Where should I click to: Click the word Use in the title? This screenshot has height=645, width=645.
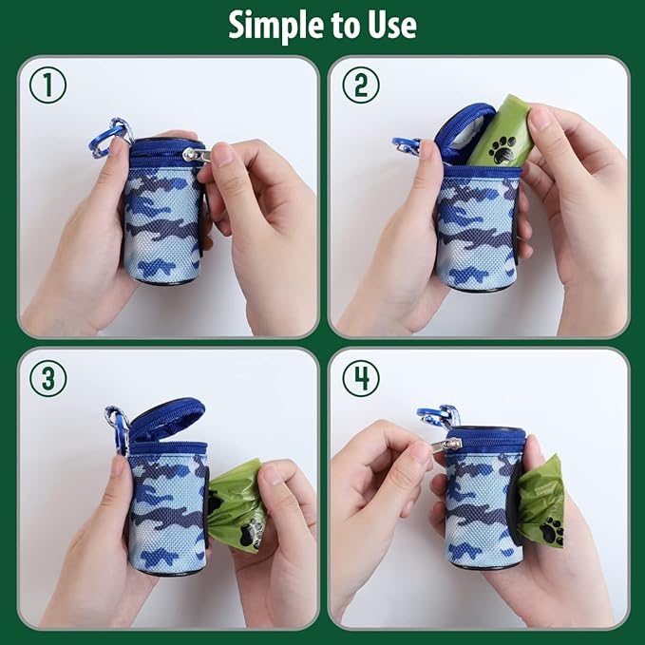(x=389, y=25)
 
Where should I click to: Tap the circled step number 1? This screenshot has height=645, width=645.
(x=47, y=85)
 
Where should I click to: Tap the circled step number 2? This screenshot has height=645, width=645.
(x=360, y=85)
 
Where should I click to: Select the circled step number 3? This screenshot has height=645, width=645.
(x=47, y=378)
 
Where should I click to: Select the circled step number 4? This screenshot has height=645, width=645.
(x=360, y=378)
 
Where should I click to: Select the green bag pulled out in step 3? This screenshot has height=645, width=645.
(x=237, y=503)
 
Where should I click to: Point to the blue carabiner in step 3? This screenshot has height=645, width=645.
(x=118, y=427)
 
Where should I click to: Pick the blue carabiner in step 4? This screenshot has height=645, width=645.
(x=440, y=416)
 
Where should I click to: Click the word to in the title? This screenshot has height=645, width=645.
(x=339, y=25)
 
